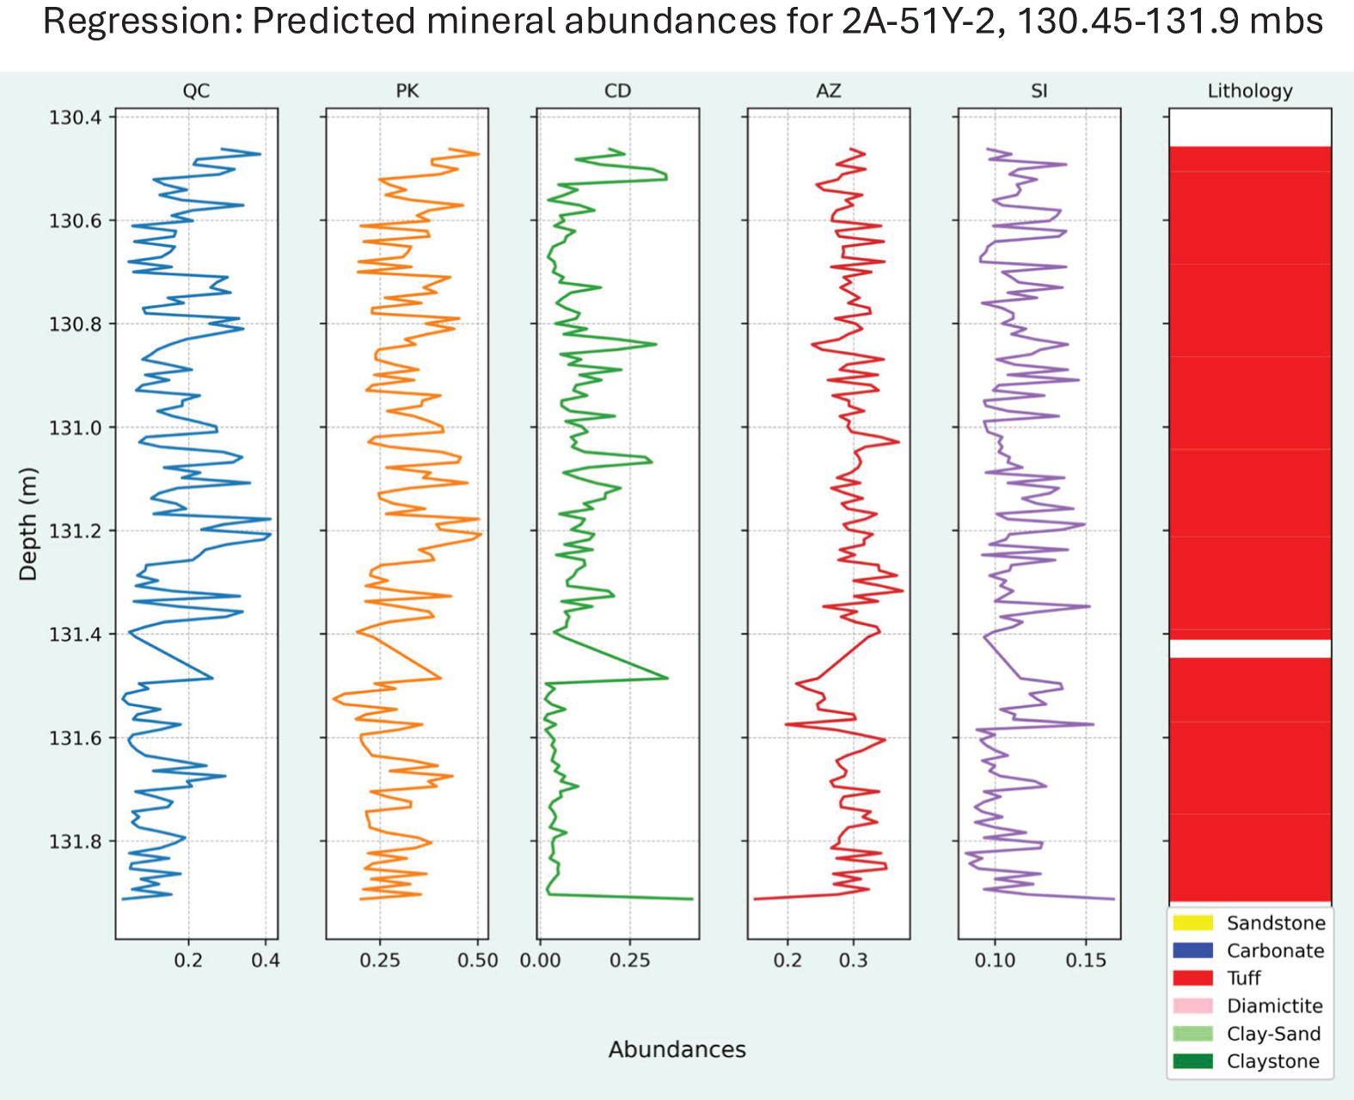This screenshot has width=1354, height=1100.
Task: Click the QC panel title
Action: [x=196, y=91]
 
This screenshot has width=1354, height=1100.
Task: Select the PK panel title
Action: [x=407, y=91]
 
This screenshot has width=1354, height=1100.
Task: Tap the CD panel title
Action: [x=617, y=91]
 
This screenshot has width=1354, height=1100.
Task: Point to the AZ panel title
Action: [x=828, y=91]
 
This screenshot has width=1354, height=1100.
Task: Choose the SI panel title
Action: [x=1038, y=91]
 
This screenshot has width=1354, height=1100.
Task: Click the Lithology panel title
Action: [x=1250, y=91]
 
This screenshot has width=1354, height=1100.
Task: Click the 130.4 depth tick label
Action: [x=75, y=117]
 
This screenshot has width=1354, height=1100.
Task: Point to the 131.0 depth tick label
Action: [x=75, y=427]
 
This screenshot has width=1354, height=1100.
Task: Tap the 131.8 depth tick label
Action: [x=75, y=841]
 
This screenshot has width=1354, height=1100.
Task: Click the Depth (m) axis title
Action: [x=28, y=524]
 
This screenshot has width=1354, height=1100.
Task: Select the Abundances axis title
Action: [x=677, y=1049]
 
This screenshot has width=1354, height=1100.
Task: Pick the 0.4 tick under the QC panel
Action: [x=265, y=960]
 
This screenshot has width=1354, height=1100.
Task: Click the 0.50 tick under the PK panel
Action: [x=477, y=960]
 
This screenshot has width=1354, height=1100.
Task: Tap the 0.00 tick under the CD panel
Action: [x=540, y=960]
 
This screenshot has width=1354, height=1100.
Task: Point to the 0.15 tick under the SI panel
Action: [x=1086, y=960]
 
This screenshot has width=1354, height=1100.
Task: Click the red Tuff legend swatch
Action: [x=1192, y=978]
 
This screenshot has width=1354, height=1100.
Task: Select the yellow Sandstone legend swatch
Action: [x=1192, y=922]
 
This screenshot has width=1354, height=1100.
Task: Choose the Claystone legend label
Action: [x=1272, y=1061]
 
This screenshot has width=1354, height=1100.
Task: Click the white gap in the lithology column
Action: [x=1250, y=648]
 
